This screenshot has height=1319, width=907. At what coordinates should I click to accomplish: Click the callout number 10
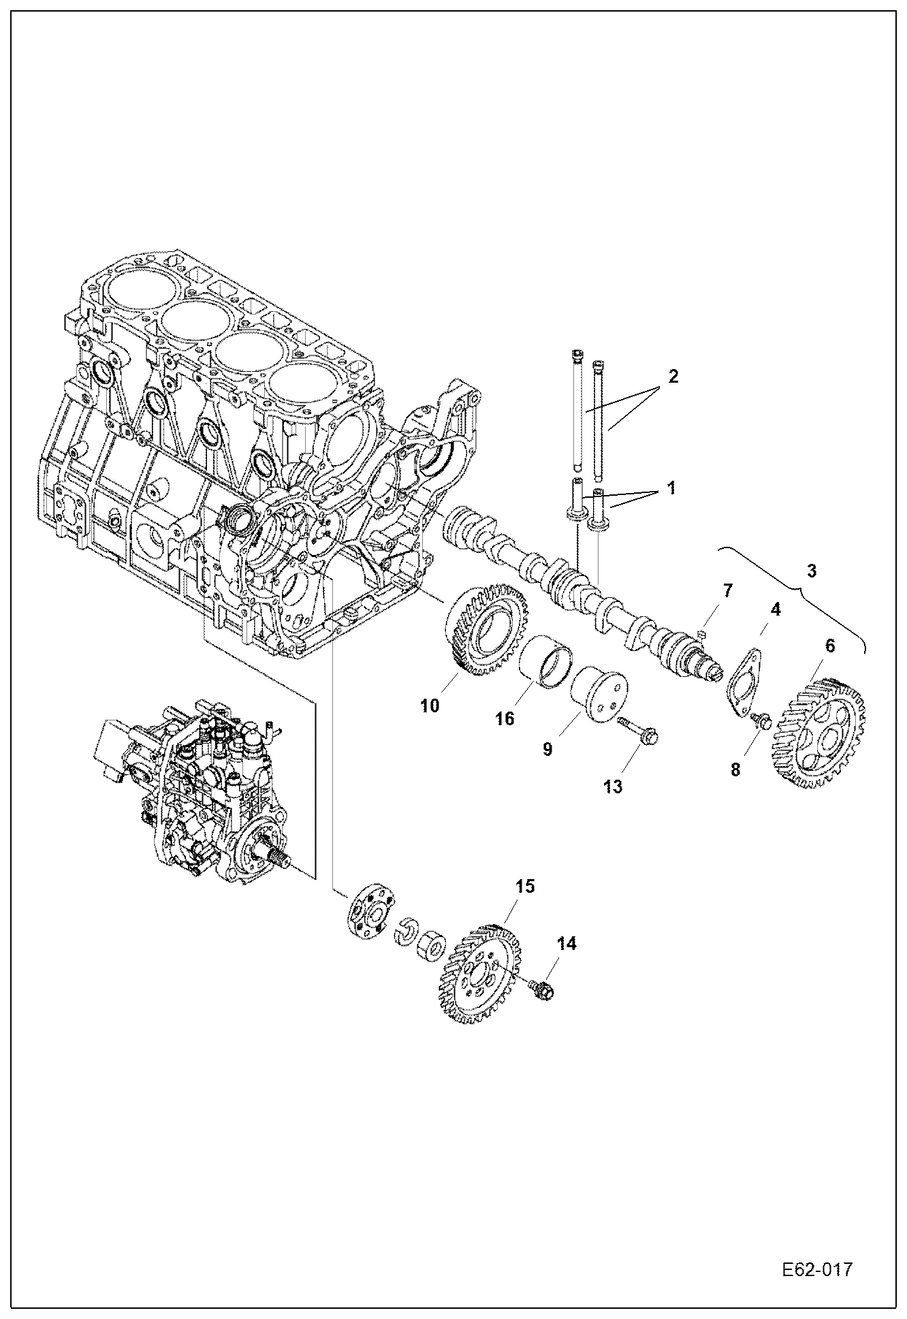click(x=430, y=705)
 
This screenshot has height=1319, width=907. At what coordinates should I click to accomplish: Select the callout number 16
click(x=505, y=719)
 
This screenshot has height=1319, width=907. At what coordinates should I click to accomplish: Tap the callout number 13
click(x=613, y=786)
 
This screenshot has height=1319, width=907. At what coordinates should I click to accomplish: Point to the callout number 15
click(x=524, y=886)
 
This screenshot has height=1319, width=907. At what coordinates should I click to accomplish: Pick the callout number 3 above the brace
click(x=812, y=571)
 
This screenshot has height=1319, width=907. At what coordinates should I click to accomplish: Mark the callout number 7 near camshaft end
click(x=727, y=590)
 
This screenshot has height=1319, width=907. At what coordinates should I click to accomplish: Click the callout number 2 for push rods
click(x=673, y=376)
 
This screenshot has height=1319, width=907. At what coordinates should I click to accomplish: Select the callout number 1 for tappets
click(x=671, y=488)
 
